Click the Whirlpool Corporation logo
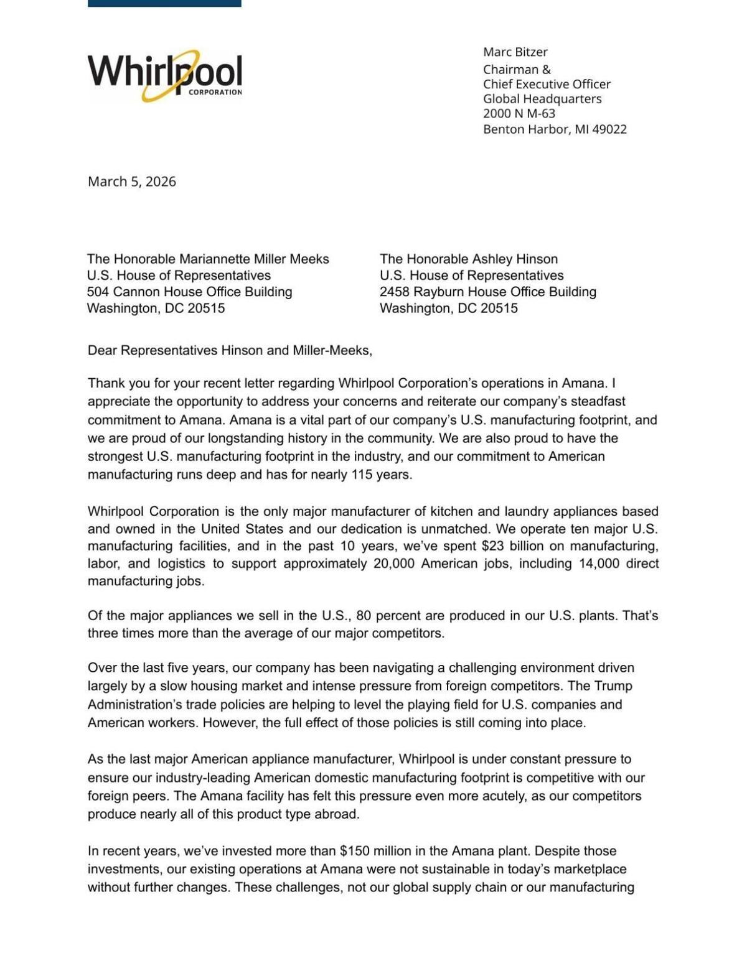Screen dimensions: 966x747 (165, 75)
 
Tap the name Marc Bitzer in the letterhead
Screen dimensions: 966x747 (515, 52)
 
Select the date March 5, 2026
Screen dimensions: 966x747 (132, 182)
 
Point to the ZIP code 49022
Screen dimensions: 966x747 (609, 129)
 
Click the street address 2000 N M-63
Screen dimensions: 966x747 (519, 114)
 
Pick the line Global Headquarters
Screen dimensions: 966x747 (542, 99)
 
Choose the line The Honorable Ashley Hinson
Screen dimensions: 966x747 (468, 259)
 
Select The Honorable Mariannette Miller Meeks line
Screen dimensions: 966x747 (208, 259)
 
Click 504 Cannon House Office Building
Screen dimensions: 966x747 (189, 292)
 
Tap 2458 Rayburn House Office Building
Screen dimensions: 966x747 (487, 292)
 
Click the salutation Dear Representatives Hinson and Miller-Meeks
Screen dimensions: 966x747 (230, 350)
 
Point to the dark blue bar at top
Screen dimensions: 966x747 (164, 3)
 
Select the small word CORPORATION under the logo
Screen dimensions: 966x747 (215, 93)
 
